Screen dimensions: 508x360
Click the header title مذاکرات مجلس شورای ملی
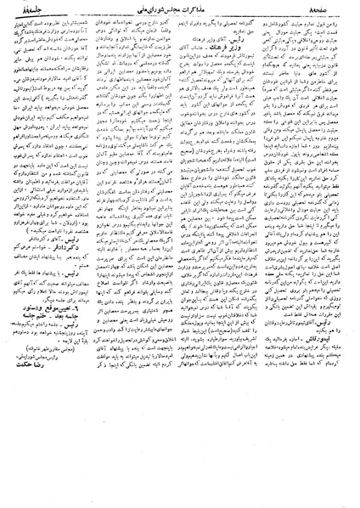(x=180, y=9)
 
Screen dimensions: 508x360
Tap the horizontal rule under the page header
(x=180, y=18)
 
